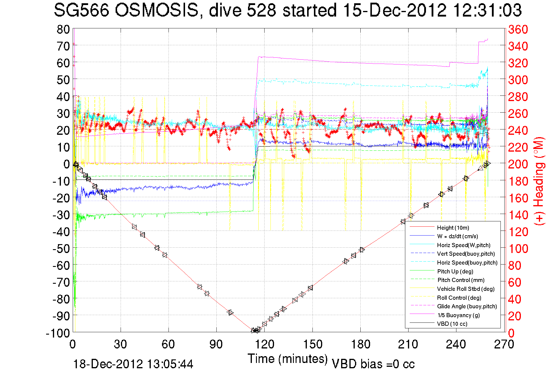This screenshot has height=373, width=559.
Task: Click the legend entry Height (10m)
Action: click(x=453, y=228)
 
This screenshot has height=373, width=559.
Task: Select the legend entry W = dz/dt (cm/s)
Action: click(x=457, y=236)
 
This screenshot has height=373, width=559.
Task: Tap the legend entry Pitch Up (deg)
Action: click(x=455, y=271)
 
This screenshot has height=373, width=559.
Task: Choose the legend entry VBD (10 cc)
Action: click(x=452, y=324)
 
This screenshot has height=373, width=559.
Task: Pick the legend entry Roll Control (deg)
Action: click(x=459, y=298)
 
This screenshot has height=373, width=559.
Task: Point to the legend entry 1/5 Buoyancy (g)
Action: click(x=458, y=315)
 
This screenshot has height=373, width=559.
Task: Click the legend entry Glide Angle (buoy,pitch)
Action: click(x=467, y=306)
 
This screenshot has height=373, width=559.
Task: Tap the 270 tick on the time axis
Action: click(x=504, y=344)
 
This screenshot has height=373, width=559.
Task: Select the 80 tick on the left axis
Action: click(x=63, y=29)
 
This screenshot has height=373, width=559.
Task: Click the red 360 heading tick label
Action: click(x=518, y=29)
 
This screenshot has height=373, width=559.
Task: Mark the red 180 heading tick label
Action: click(x=518, y=181)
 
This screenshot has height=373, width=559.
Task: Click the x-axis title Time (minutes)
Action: click(x=288, y=359)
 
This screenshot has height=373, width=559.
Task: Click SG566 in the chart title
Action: click(x=81, y=11)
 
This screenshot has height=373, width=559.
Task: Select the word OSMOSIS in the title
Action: click(x=156, y=11)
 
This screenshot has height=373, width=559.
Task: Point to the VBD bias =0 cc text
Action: click(x=373, y=364)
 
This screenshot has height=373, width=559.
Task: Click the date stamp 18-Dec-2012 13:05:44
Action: click(x=133, y=364)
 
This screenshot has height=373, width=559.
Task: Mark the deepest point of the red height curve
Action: click(x=254, y=331)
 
